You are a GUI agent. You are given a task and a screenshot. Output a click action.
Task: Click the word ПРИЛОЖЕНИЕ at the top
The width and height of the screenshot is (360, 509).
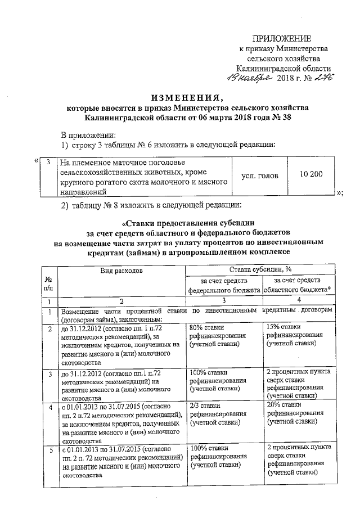[281, 38]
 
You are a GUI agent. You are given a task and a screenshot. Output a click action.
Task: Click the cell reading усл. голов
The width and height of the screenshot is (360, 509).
[259, 176]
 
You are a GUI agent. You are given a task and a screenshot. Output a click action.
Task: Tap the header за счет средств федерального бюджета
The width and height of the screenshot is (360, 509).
[223, 285]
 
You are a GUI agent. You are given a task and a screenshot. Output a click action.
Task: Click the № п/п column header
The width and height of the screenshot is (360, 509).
[49, 284]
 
